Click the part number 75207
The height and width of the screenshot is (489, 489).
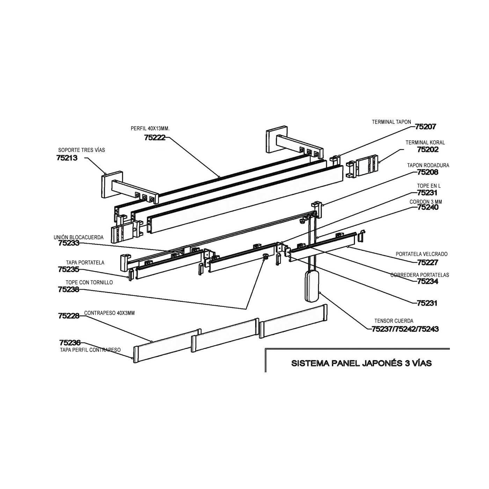tap(425, 127)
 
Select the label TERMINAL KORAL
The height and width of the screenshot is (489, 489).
tap(425, 143)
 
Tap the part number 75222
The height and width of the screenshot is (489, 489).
tap(154, 138)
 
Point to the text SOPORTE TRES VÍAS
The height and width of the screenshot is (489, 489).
tap(81, 150)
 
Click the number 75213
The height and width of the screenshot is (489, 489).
tap(66, 158)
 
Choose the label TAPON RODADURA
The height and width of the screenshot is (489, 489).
tap(428, 165)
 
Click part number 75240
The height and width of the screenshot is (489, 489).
tap(428, 207)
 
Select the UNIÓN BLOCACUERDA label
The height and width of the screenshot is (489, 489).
tap(79, 237)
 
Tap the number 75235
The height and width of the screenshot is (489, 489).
tap(68, 269)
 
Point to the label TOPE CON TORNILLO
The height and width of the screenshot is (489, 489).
tap(89, 282)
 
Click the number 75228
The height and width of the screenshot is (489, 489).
tap(69, 316)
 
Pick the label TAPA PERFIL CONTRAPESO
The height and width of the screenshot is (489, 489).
tap(90, 350)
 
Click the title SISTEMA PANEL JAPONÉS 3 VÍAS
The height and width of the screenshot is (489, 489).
tap(362, 363)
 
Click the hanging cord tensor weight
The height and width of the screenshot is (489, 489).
tap(312, 286)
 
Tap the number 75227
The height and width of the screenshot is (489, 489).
tap(427, 262)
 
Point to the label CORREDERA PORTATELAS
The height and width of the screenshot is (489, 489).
tap(419, 275)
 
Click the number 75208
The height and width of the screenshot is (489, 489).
tap(428, 172)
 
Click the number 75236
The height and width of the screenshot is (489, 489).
tap(70, 343)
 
